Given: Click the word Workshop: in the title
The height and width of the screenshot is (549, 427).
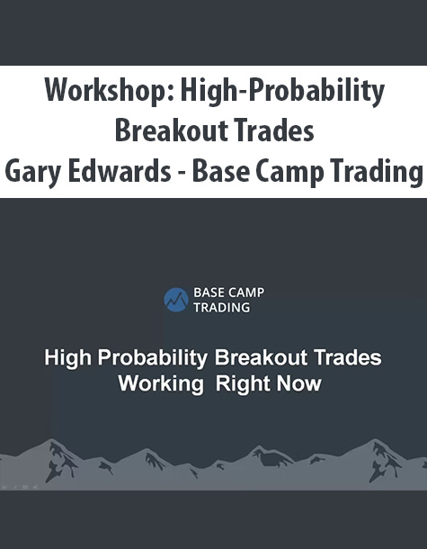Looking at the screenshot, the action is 110,91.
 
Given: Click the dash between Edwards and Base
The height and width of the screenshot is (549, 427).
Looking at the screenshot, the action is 182,174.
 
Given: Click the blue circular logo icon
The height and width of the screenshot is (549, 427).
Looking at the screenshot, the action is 176,300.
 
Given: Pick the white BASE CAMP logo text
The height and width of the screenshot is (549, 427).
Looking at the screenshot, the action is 229,292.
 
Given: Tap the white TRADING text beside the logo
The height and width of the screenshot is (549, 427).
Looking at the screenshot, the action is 222,308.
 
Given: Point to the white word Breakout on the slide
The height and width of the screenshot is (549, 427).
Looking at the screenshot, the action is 262,358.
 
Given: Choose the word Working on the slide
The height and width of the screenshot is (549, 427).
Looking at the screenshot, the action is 161,384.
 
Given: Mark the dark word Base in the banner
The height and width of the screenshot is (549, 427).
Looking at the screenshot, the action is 221,171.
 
